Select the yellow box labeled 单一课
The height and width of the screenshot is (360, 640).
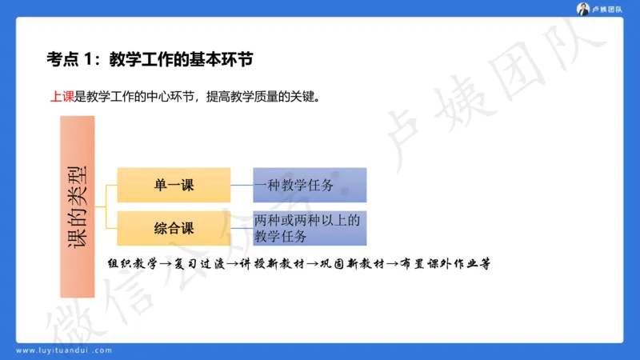(174, 185)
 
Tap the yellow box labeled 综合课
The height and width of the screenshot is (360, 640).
(174, 228)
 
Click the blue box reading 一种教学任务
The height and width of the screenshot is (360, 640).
(310, 185)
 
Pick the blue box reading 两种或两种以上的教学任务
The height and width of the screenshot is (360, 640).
(310, 228)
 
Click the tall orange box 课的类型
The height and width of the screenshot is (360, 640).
(78, 206)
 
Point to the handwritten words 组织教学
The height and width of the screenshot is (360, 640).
(133, 263)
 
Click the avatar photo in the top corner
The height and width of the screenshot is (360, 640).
(583, 9)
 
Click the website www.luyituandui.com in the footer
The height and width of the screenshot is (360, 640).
(64, 350)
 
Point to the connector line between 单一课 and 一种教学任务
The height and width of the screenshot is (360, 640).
(242, 185)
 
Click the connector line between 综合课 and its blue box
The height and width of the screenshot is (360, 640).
(242, 228)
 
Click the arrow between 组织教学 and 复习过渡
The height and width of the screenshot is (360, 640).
(164, 264)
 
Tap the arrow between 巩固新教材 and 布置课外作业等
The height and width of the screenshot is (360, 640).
(392, 264)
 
